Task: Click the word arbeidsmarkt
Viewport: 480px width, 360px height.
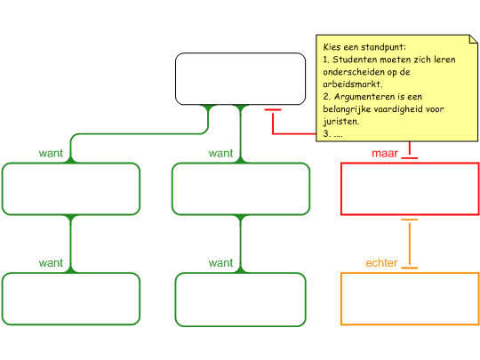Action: (352, 84)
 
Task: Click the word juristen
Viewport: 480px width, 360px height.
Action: (341, 122)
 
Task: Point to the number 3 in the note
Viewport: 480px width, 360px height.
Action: (326, 133)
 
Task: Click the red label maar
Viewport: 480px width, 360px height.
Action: (385, 153)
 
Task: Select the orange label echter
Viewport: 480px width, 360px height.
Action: (381, 262)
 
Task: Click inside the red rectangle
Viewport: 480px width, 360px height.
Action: (410, 188)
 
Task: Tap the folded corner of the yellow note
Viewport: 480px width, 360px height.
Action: (474, 39)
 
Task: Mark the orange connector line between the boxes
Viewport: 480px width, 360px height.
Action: (410, 244)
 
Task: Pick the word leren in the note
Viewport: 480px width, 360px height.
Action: (444, 60)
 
